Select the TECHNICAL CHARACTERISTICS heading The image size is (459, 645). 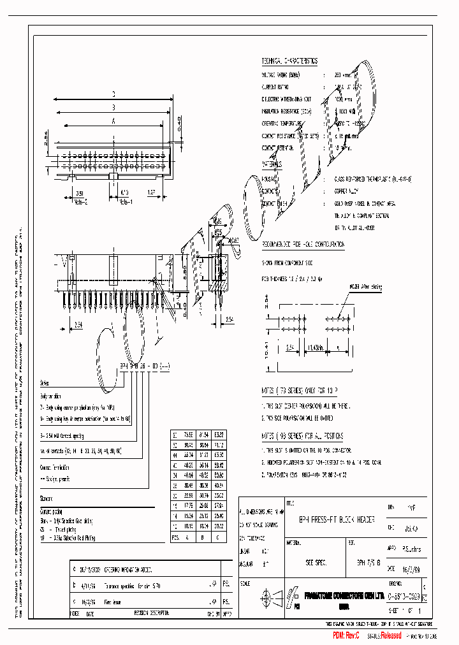(x=289, y=61)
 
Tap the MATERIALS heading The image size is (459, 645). (x=275, y=164)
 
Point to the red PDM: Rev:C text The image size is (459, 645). (x=346, y=635)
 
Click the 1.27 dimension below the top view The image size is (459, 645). (x=152, y=191)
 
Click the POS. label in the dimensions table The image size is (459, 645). (x=175, y=537)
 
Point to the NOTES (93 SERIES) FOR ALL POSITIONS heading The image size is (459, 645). (x=303, y=436)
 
